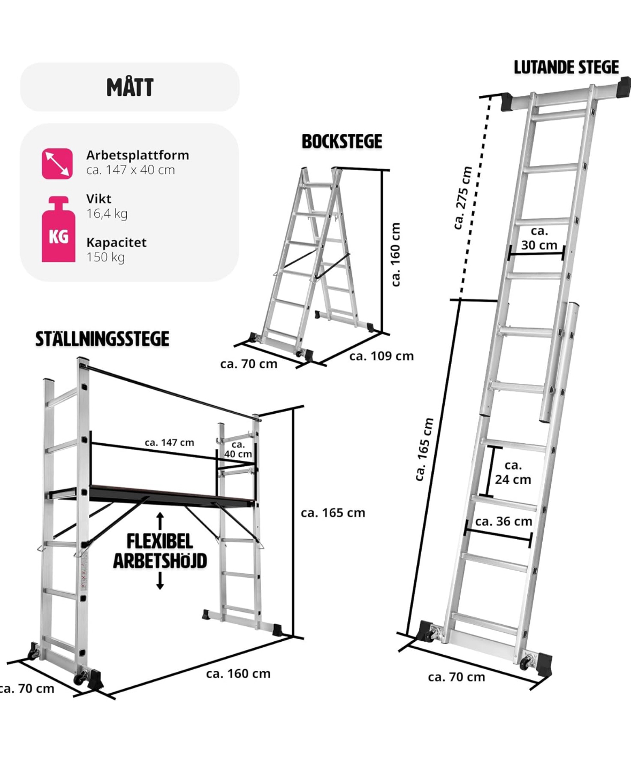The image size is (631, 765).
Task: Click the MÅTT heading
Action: pos(130,87)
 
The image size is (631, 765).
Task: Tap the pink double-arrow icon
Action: pos(57,163)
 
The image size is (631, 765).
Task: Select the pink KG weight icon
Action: pos(58,229)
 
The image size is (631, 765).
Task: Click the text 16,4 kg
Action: pos(107,213)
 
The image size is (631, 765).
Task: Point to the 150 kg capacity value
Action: pos(105,257)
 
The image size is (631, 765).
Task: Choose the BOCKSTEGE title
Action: pos(342,141)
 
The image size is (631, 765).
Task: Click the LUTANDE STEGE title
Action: pos(566,67)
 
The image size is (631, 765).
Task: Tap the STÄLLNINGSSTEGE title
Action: pos(102,339)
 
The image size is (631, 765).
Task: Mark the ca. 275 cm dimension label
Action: pos(462,198)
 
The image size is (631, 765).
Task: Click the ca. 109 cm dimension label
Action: pos(382,356)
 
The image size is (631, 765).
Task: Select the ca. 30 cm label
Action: pos(539,238)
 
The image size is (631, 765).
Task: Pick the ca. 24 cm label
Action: pos(513,472)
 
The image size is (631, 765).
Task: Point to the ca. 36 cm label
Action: pos(504,521)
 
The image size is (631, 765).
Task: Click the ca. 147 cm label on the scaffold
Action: pos(169,442)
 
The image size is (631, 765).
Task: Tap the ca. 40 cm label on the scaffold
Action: pos(238,449)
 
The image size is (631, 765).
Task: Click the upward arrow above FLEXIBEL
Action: pos(160,521)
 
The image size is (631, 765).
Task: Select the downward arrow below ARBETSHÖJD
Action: pos(160,581)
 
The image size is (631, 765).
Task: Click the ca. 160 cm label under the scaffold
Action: pos(238,673)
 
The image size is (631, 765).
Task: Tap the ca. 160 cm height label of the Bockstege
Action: pos(396,254)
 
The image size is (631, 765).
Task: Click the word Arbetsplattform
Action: pos(138,155)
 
